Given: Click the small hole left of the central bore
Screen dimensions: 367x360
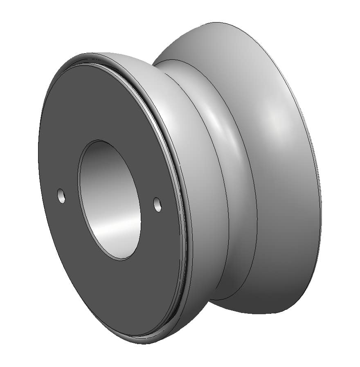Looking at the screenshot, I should tap(61, 196).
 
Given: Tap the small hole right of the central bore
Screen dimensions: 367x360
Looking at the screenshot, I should tap(157, 205).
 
